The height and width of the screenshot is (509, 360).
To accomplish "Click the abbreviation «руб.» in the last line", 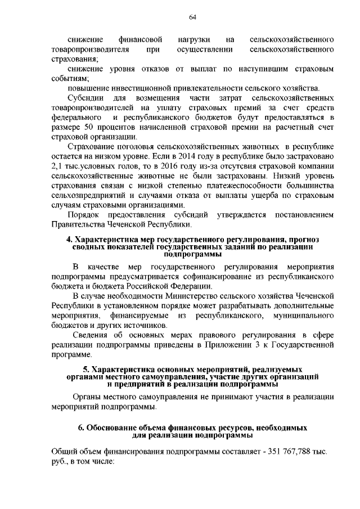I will pyautogui.click(x=58, y=462).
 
